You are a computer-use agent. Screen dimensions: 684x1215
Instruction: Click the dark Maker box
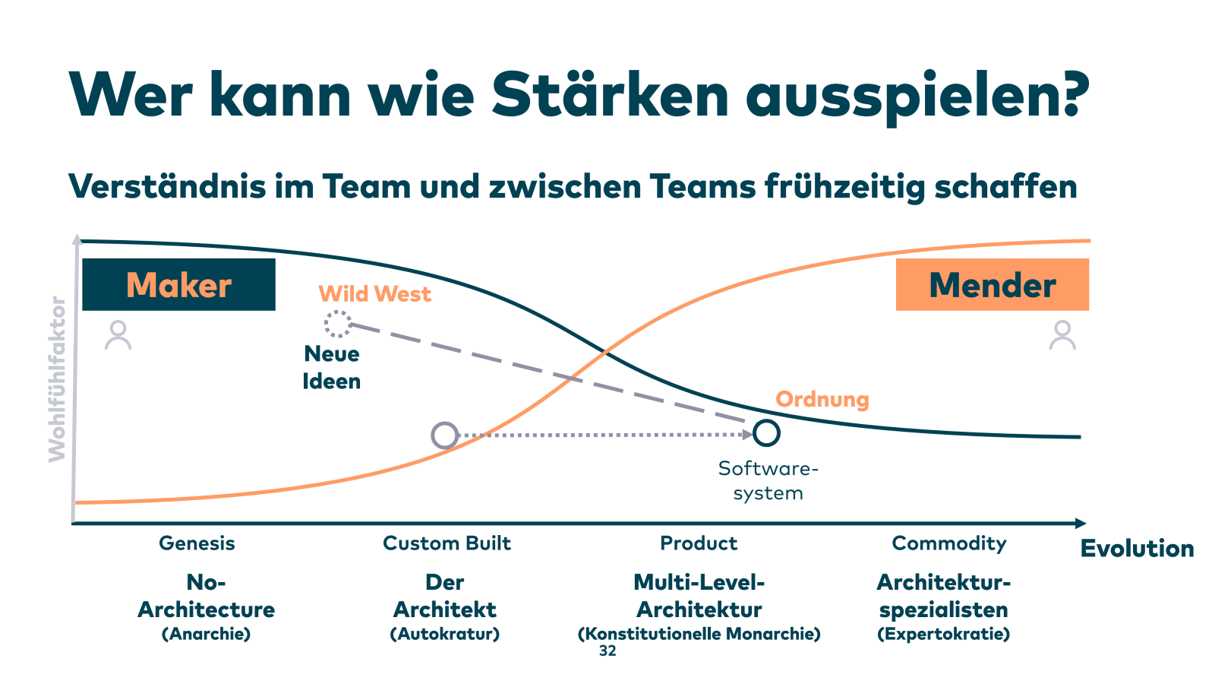[178, 285]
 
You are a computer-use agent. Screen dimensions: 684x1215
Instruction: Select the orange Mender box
[992, 285]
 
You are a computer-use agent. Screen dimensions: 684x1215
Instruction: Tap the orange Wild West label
[374, 294]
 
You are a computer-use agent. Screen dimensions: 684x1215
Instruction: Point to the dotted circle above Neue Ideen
[337, 324]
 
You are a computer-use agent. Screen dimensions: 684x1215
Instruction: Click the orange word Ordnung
[822, 400]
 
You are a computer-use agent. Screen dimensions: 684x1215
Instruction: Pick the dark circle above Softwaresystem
[766, 432]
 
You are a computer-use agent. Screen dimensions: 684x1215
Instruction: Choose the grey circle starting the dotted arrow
[444, 435]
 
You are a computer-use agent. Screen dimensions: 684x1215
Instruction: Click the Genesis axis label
[197, 543]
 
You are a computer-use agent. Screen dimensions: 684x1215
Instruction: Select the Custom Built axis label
[447, 543]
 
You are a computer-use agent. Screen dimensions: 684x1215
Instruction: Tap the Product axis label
[699, 543]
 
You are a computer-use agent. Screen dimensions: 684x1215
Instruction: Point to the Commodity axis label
[948, 543]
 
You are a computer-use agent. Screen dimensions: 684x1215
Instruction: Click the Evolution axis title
[1137, 549]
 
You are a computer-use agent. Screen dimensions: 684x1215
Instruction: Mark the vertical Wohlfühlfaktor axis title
[58, 379]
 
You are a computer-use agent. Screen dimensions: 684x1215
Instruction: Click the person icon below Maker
[118, 335]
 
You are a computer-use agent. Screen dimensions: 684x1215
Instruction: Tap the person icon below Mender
[1062, 335]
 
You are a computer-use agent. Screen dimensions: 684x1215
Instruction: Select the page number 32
[607, 651]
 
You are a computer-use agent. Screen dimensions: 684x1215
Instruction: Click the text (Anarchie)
[206, 634]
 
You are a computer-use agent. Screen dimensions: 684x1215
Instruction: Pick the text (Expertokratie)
[943, 634]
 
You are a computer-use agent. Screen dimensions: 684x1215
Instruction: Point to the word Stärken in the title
[610, 95]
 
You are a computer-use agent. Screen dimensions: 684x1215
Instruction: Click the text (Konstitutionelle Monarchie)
[699, 634]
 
